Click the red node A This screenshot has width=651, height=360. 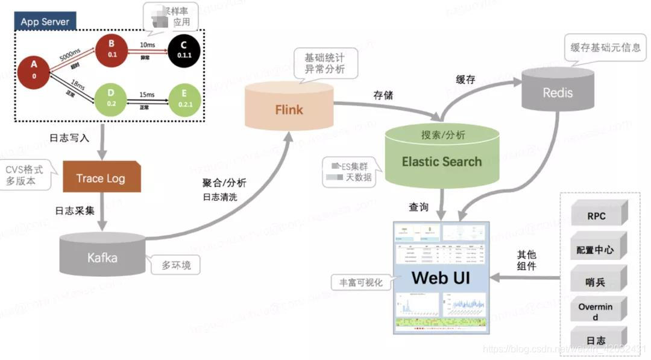(x=34, y=71)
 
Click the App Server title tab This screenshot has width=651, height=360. (x=45, y=22)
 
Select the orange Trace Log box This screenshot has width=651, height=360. (x=101, y=178)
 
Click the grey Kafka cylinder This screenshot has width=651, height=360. (x=102, y=257)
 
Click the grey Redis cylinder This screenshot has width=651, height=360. (x=558, y=93)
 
